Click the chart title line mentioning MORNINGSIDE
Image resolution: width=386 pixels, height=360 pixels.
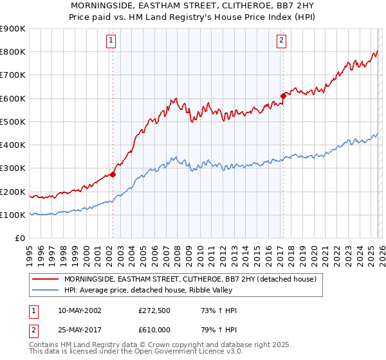click(192, 6)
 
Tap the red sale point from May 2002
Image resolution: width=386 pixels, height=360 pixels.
click(113, 174)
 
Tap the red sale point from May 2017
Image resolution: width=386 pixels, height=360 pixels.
click(282, 95)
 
